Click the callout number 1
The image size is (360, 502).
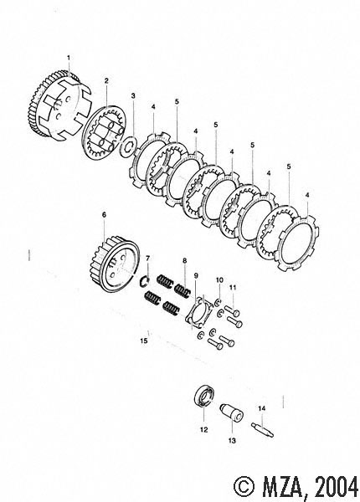[x=69, y=58]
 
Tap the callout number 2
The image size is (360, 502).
[x=106, y=80]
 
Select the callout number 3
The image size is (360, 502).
[x=133, y=95]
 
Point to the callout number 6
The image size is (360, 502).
[x=104, y=215]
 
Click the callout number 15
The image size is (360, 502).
[x=144, y=341]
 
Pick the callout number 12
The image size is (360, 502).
[x=203, y=430]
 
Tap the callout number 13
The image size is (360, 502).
[x=232, y=441]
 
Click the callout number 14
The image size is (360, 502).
[x=262, y=408]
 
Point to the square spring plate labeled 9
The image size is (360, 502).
[x=198, y=312]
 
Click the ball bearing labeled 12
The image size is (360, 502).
[x=204, y=397]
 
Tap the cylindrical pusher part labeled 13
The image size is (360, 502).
[x=231, y=413]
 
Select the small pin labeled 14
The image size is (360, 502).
[x=262, y=429]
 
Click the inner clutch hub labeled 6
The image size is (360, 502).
[x=114, y=264]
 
